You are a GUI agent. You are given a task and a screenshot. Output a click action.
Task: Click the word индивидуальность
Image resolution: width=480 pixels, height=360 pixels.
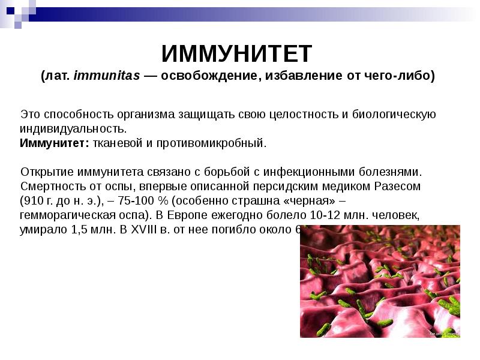coord(73,128)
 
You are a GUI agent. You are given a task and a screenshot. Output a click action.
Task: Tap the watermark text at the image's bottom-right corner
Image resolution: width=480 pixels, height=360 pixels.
coord(445,331)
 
